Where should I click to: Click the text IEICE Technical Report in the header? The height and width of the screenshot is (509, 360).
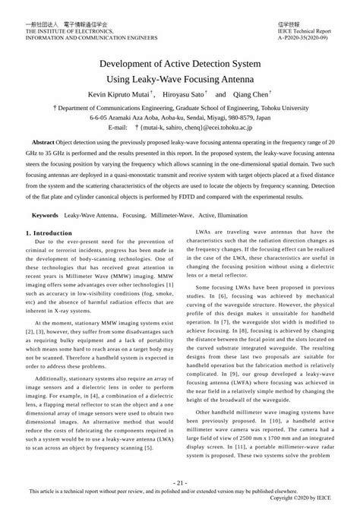click(302, 30)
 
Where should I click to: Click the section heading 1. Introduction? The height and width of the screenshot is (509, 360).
click(50, 231)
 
